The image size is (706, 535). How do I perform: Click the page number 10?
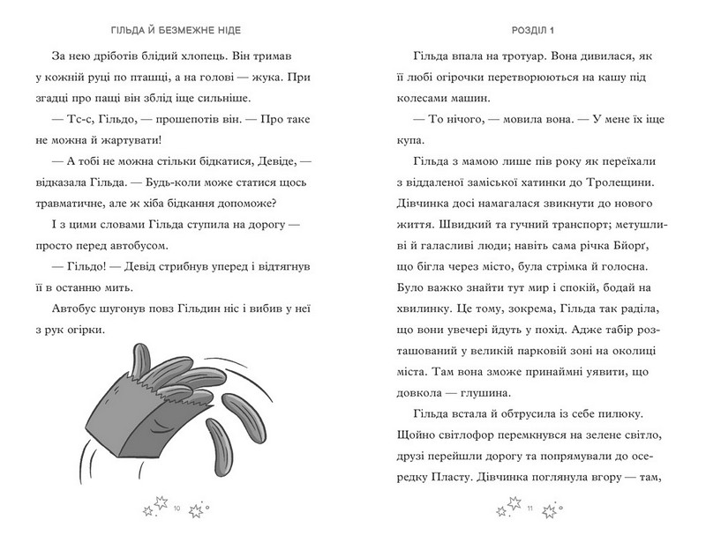[177, 509]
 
